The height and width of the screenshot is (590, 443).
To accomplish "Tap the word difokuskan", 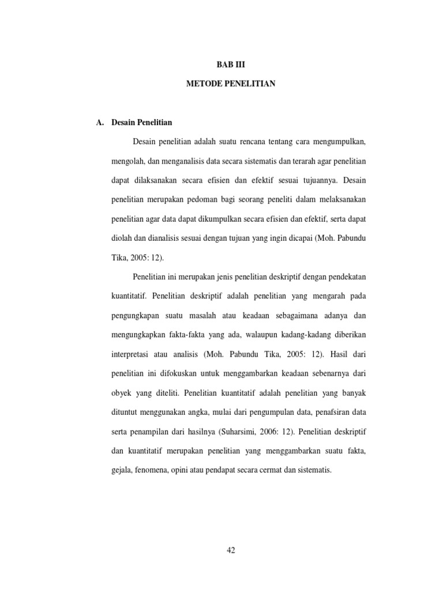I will (x=183, y=374).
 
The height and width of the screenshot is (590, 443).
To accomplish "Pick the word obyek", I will (x=121, y=394).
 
